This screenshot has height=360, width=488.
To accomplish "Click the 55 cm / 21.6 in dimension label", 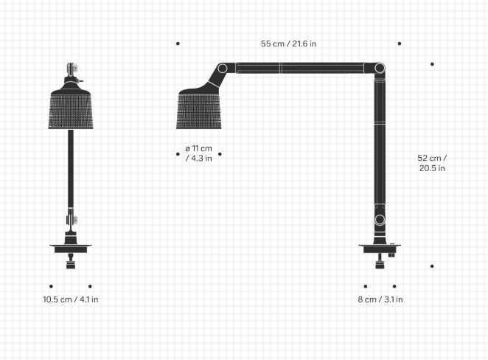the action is coord(288,44).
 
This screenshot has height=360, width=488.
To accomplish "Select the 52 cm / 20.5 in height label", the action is coord(432,163).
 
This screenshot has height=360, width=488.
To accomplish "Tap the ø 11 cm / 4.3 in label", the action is coord(198,153).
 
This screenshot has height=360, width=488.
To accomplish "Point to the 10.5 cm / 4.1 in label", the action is coord(70,300).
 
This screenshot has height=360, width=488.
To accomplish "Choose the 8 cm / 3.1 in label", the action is coord(380,300).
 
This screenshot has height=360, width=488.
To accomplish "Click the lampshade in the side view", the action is coord(198,109).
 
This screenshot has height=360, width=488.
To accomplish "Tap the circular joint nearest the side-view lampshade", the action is coord(222,68).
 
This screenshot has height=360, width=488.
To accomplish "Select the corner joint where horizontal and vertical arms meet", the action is coord(380,68).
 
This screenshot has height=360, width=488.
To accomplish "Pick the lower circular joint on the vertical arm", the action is coord(380,219).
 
